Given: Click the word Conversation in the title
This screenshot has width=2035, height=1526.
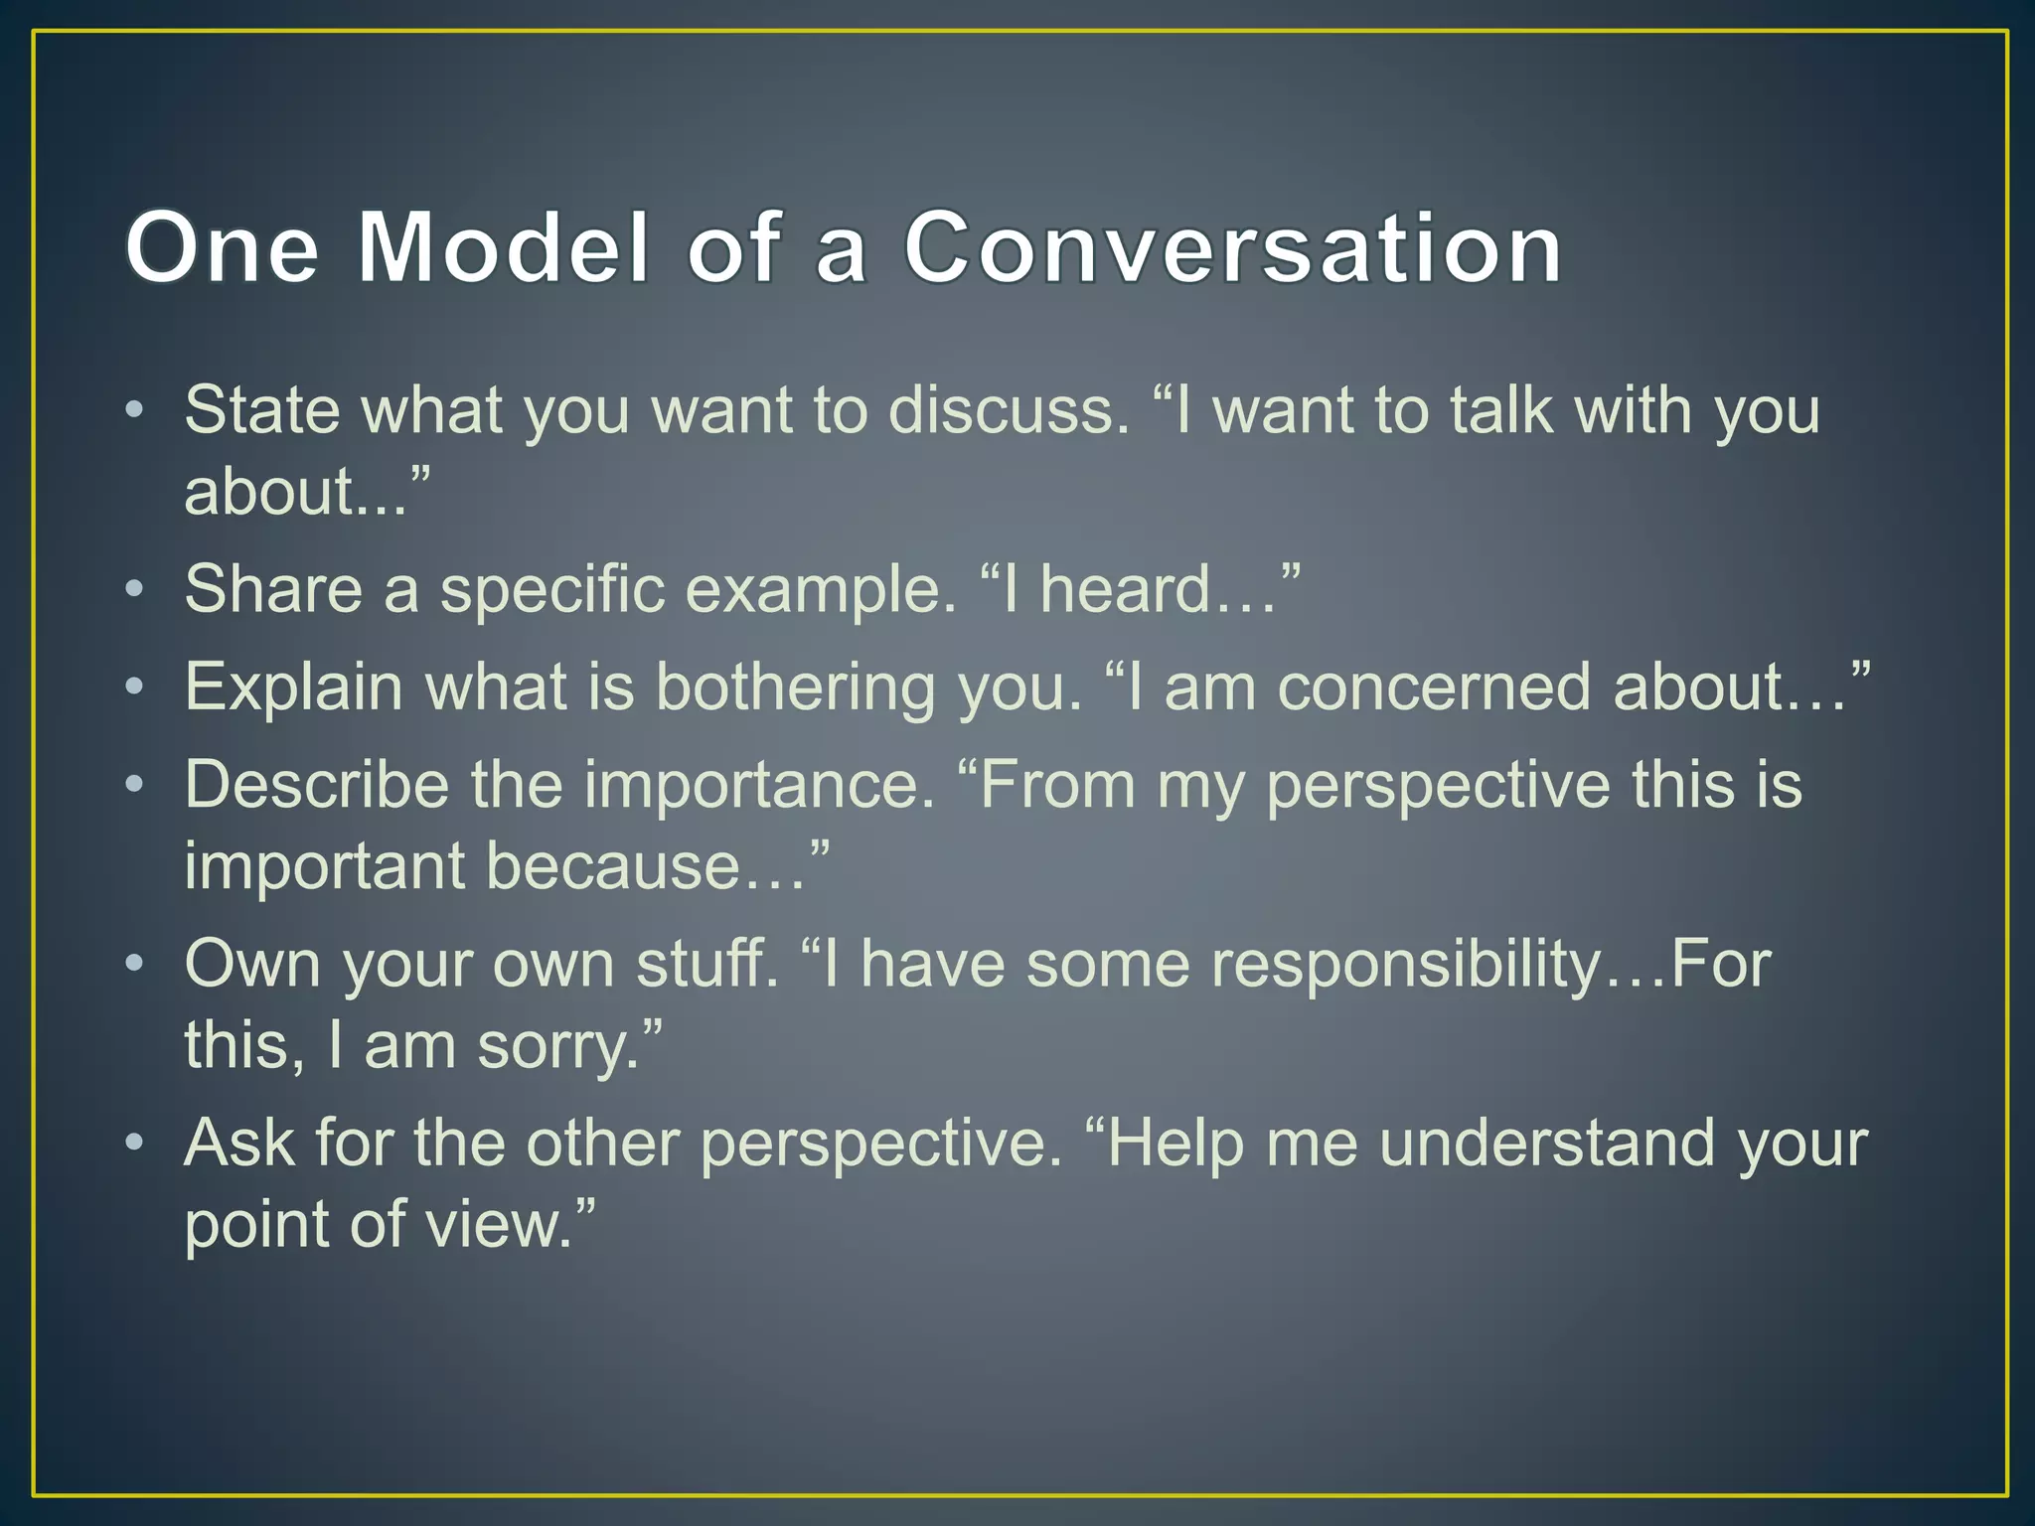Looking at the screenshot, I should [x=1232, y=247].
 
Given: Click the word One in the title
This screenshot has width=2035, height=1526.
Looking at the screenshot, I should [x=223, y=247].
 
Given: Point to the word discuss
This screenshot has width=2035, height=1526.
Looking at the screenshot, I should [x=1009, y=409].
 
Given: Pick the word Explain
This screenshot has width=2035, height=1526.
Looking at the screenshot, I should [x=293, y=687].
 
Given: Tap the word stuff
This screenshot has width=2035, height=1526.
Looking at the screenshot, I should [x=706, y=964].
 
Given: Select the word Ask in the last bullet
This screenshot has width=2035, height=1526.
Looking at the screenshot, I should [x=239, y=1143].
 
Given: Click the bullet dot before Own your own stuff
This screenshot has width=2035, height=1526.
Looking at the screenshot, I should [x=135, y=964].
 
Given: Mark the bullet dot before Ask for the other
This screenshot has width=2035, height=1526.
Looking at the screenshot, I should [x=135, y=1143].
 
